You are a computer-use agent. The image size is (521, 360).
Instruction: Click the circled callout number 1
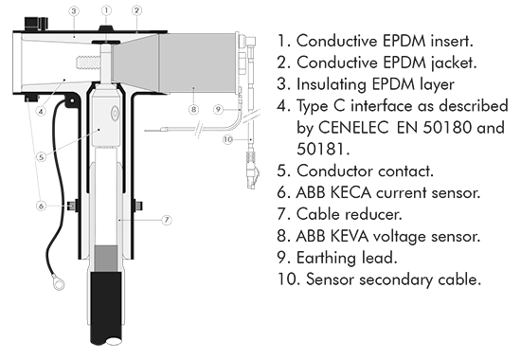pos(106,10)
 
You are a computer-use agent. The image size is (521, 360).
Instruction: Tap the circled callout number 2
pos(136,10)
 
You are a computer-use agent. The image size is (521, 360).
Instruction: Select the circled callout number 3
pos(74,11)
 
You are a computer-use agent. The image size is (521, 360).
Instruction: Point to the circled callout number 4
pos(41,111)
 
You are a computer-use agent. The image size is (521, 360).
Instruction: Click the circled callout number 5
pos(41,156)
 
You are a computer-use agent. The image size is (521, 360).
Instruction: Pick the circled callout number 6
pos(41,207)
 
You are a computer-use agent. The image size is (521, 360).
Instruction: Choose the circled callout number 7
pos(167,220)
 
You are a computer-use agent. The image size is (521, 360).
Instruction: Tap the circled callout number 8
pos(193,109)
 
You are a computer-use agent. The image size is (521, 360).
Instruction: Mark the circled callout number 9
pos(218,109)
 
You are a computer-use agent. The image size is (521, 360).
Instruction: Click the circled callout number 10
pos(227,139)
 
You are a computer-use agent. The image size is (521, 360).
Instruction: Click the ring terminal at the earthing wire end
pos(59,283)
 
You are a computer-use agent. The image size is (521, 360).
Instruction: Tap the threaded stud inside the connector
pos(88,63)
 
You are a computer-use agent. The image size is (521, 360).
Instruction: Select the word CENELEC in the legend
pos(353,127)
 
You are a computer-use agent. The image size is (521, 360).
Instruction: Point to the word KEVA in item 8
pos(349,236)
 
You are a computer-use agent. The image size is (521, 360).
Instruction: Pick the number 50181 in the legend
pos(323,149)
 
